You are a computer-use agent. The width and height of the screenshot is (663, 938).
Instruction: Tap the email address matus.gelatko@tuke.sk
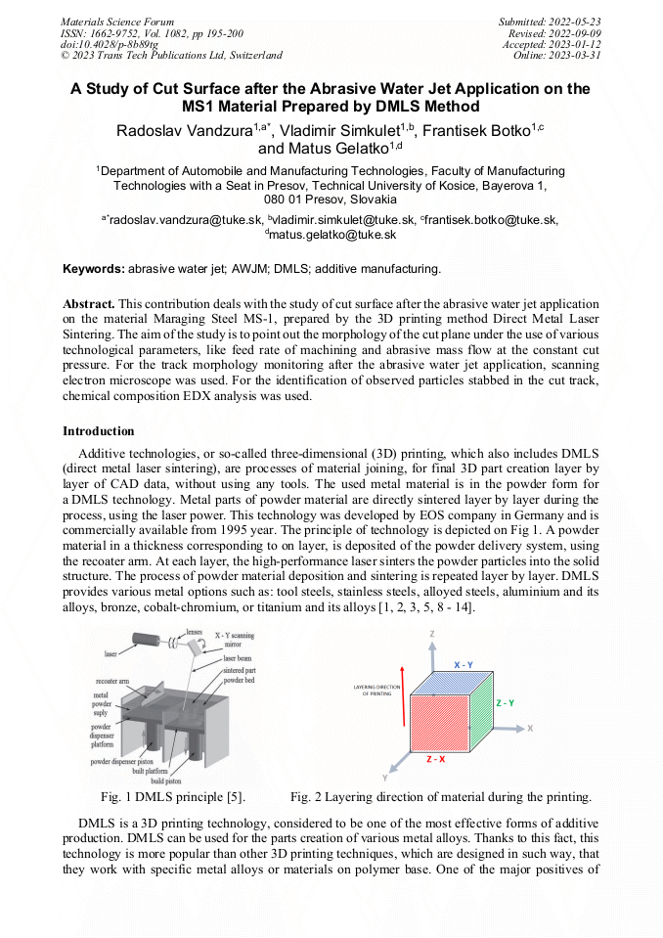click(332, 235)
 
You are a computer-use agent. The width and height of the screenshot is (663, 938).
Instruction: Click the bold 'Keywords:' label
click(94, 268)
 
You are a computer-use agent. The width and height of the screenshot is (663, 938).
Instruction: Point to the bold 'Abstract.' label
click(89, 304)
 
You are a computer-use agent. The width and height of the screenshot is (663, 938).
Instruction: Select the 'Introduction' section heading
click(99, 430)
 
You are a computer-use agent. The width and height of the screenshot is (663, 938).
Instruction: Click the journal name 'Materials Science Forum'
click(117, 21)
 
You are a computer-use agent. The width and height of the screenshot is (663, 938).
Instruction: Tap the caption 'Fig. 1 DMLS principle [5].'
click(173, 796)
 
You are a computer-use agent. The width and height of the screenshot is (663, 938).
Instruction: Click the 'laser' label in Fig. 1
click(110, 652)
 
